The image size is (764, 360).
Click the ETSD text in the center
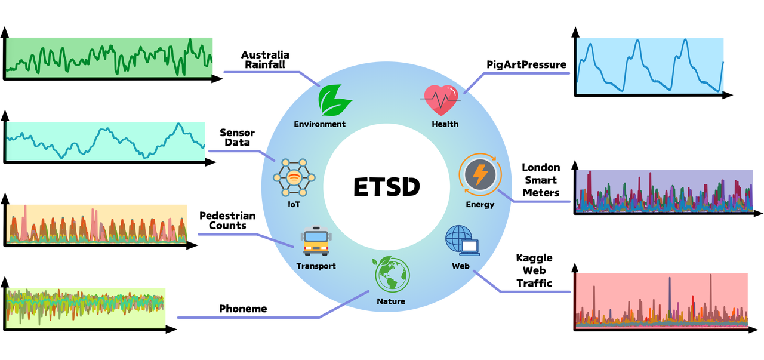coord(387,187)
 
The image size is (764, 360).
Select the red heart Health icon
coord(442,100)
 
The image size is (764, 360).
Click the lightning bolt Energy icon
coord(480,176)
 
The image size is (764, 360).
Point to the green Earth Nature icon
coord(392,275)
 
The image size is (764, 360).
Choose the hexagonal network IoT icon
coord(294,178)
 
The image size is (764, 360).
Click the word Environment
coord(319,124)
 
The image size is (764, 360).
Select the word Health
coord(445,124)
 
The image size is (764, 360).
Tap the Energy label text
coord(480,205)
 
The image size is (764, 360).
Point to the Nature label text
coord(391,301)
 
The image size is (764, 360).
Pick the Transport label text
coord(316,266)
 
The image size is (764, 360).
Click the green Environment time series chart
coord(110,57)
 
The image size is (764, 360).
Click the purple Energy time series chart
coord(664,191)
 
